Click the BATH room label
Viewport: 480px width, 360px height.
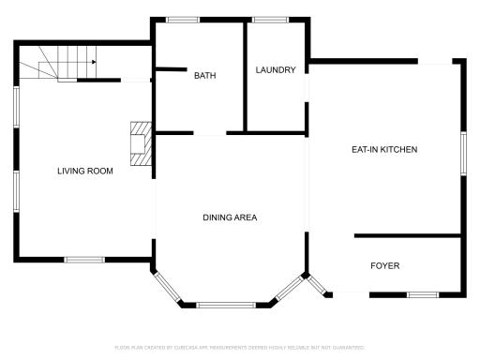pyautogui.click(x=205, y=75)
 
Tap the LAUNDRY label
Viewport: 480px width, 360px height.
pyautogui.click(x=276, y=69)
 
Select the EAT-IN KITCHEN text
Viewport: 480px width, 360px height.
pyautogui.click(x=384, y=150)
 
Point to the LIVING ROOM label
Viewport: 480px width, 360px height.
pyautogui.click(x=85, y=171)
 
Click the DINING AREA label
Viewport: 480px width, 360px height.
pyautogui.click(x=230, y=217)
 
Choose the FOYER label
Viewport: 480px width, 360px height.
pyautogui.click(x=384, y=266)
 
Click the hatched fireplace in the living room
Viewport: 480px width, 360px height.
pyautogui.click(x=140, y=143)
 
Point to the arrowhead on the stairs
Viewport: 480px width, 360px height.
pyautogui.click(x=93, y=63)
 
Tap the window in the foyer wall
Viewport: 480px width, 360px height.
pyautogui.click(x=422, y=294)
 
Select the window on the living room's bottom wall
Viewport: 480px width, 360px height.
pyautogui.click(x=83, y=259)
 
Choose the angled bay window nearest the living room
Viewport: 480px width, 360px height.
pyautogui.click(x=167, y=287)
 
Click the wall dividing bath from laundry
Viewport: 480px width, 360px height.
pyautogui.click(x=245, y=75)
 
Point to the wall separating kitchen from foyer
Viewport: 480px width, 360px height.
pyautogui.click(x=407, y=234)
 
